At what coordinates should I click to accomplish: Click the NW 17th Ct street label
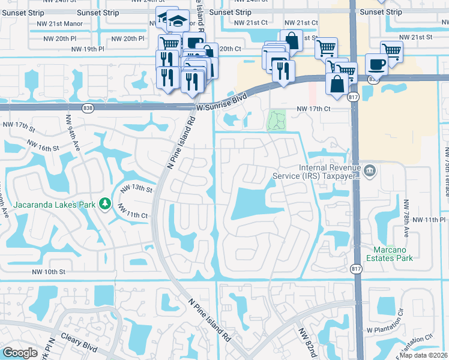[313, 109]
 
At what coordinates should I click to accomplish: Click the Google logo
[20, 353]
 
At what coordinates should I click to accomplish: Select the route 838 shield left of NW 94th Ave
[88, 107]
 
